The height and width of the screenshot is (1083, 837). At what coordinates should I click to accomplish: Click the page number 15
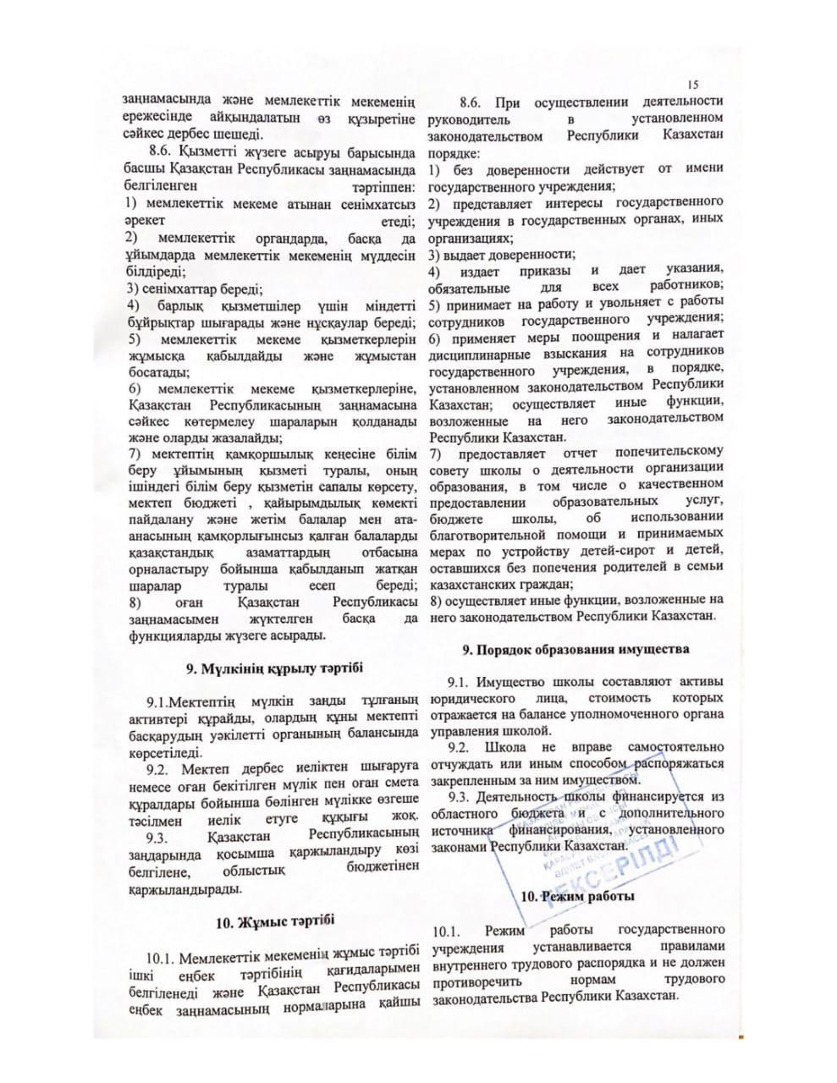tap(693, 85)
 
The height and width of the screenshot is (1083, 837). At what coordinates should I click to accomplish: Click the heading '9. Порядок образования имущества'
tap(575, 650)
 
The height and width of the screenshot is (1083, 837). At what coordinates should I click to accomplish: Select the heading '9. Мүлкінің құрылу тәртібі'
tap(275, 668)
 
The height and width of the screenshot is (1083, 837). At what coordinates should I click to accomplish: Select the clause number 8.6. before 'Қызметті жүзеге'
tap(161, 152)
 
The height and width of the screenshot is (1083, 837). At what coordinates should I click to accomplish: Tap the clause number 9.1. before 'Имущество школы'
tap(459, 683)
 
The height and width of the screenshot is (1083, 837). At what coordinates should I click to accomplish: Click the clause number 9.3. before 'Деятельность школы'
tap(459, 797)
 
